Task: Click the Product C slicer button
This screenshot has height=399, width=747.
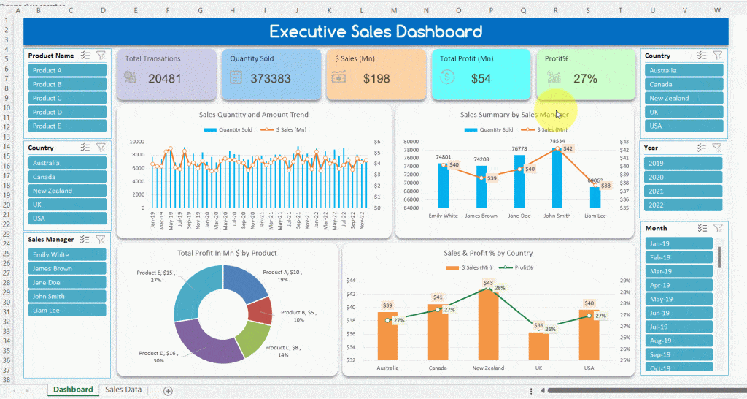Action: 67,98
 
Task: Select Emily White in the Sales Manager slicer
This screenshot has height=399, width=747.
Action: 67,255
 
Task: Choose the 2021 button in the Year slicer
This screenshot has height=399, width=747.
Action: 684,191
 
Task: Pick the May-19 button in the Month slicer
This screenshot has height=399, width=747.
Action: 678,299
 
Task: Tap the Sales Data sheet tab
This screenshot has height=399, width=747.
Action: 123,389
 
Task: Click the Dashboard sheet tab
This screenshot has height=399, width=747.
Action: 73,389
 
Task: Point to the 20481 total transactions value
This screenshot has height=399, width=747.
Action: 164,78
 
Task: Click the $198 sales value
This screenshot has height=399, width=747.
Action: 377,78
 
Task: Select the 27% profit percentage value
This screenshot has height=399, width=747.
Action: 585,78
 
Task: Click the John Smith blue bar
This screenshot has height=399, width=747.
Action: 558,178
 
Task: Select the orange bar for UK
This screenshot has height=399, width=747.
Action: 538,346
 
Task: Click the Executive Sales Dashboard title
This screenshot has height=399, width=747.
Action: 376,31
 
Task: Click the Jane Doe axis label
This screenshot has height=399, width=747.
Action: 519,216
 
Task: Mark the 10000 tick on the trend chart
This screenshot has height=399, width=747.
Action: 136,142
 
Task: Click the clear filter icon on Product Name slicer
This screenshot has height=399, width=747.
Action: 101,56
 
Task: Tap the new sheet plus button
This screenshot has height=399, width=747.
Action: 168,391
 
